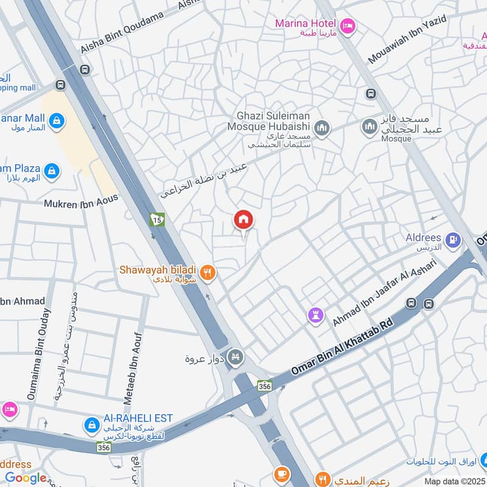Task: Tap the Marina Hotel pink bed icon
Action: pos(348,25)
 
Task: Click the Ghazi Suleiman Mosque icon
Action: pos(321,128)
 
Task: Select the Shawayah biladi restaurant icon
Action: pos(208,273)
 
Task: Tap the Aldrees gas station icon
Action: pos(452,241)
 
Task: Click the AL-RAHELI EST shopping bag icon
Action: pos(91,423)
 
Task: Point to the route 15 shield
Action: pos(157,219)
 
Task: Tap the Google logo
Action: pos(26,478)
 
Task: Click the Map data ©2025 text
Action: pos(454,481)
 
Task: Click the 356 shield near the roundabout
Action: pos(264,386)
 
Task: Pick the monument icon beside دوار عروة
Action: pos(235,356)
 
